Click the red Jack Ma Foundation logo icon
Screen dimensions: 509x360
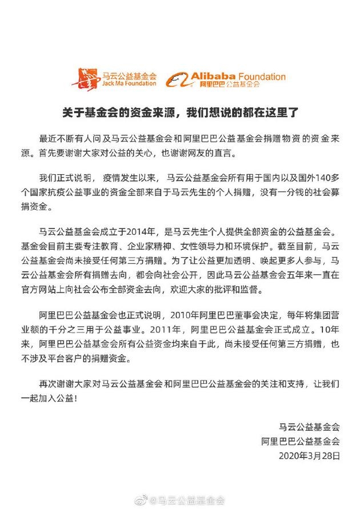coord(86,78)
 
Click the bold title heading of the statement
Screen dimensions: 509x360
coord(179,111)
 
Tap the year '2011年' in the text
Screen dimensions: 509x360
coord(166,330)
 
